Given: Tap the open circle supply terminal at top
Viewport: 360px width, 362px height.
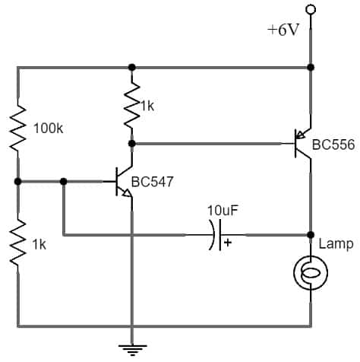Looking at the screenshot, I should [310, 9].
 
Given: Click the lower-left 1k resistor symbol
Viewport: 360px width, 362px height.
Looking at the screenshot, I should [17, 242].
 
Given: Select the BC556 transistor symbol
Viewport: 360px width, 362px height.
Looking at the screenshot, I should [303, 142].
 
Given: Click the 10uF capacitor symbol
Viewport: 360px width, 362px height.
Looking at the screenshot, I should [216, 235].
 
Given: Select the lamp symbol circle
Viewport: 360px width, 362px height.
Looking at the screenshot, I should [310, 273].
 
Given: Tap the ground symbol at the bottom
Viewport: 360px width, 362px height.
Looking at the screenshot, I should [132, 350].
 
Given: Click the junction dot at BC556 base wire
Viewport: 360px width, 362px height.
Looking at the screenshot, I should [132, 142].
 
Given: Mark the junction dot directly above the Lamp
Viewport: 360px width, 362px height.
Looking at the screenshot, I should [310, 235].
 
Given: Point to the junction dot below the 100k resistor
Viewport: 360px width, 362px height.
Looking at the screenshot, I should [17, 182].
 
